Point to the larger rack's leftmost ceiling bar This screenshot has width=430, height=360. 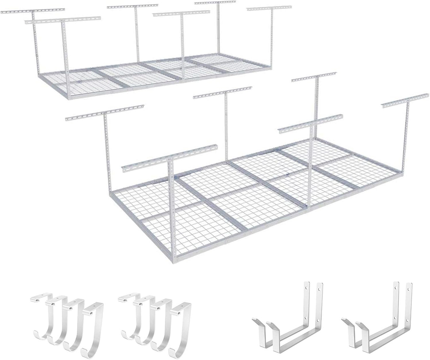click(x=104, y=113)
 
